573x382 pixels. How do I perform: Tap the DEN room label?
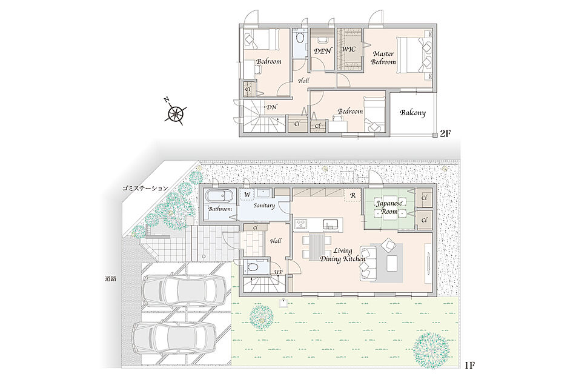[x=323, y=51]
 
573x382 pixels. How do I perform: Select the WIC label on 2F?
[x=349, y=49]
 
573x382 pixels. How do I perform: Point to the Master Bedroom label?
[x=383, y=58]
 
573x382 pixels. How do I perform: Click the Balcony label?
[x=413, y=112]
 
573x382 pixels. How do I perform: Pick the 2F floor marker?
[x=445, y=133]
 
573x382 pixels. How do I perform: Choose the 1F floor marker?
[x=469, y=365]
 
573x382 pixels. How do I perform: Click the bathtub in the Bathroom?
[x=219, y=195]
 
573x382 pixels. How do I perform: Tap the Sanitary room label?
[x=264, y=206]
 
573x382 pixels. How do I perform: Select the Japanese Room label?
[x=389, y=207]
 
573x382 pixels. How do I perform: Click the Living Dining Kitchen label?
[x=342, y=255]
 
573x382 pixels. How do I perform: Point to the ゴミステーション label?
[x=145, y=189]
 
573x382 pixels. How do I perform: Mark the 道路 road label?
[x=110, y=278]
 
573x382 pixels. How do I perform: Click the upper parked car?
[x=184, y=290]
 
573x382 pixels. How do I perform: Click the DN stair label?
[x=271, y=107]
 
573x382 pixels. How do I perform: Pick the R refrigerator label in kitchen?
[x=353, y=195]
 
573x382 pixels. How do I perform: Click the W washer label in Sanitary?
[x=247, y=195]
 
